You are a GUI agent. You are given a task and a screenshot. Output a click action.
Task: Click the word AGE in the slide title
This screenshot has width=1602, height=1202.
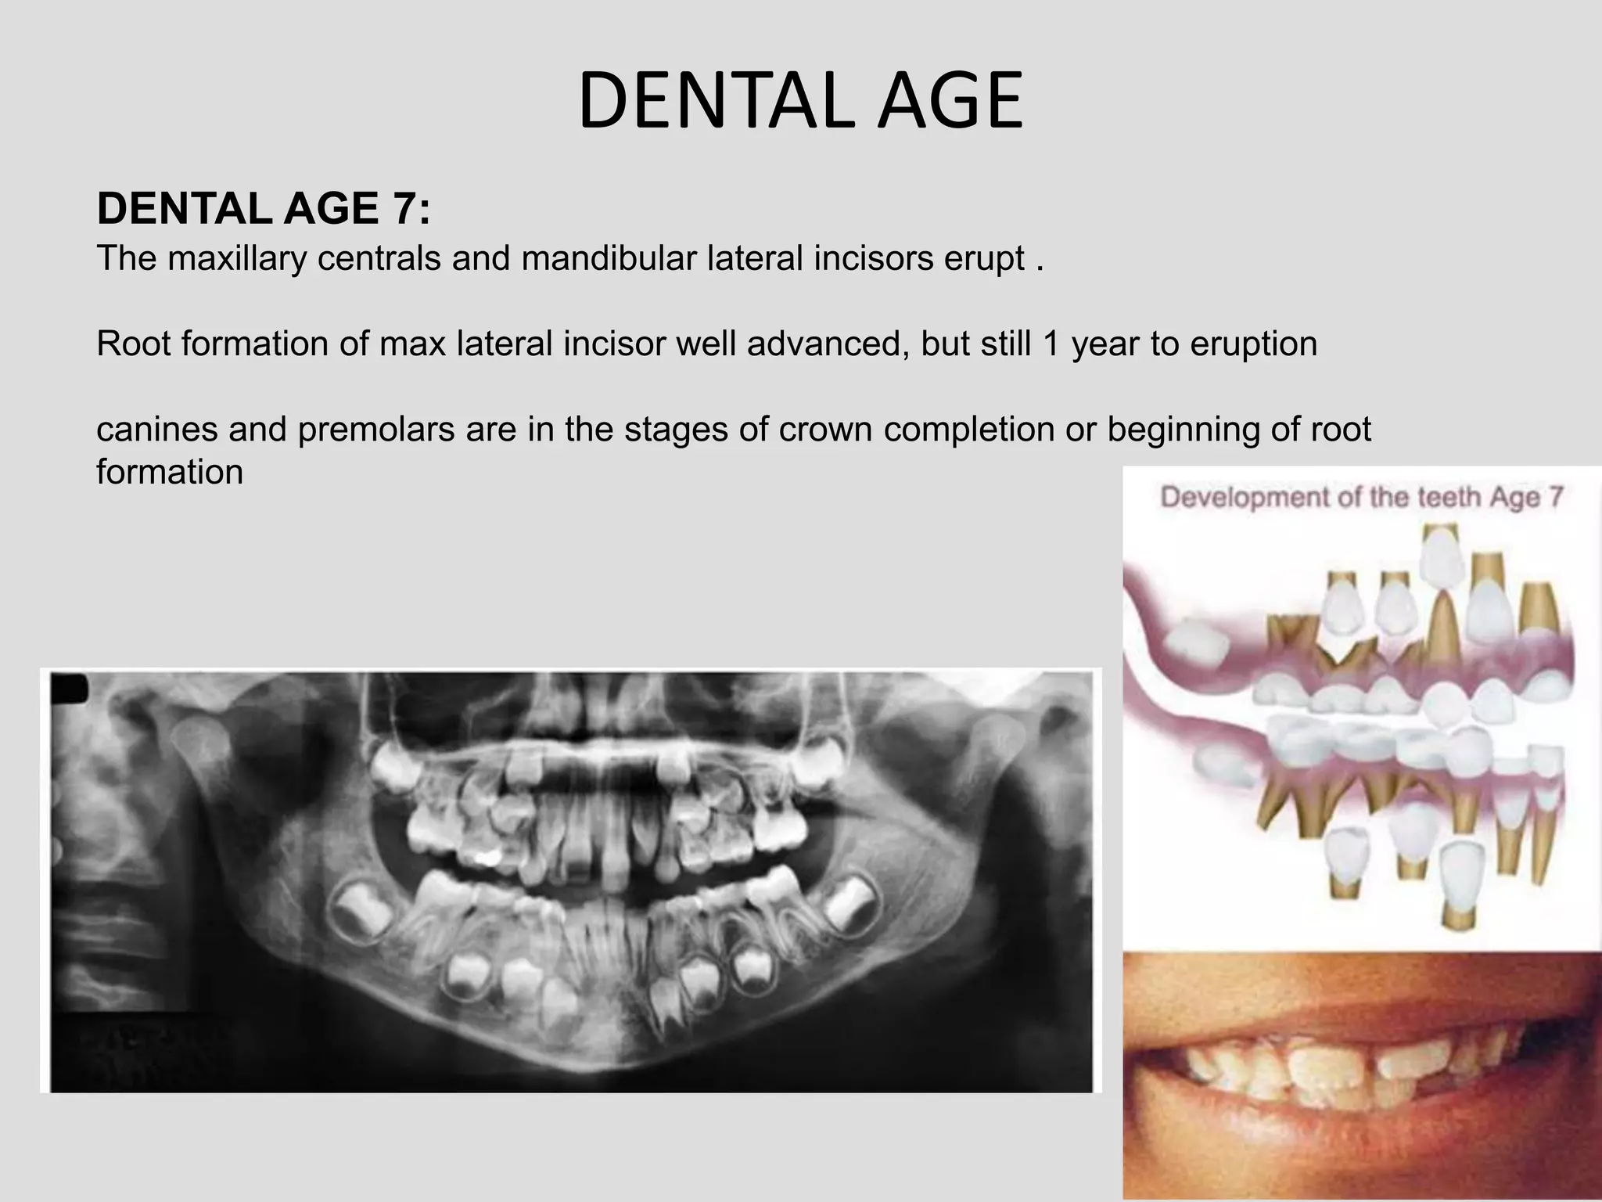[x=949, y=101]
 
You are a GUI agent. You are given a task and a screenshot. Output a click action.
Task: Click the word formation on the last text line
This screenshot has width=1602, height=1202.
[x=170, y=472]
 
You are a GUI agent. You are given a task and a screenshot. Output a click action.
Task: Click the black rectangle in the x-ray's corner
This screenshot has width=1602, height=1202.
[x=70, y=689]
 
